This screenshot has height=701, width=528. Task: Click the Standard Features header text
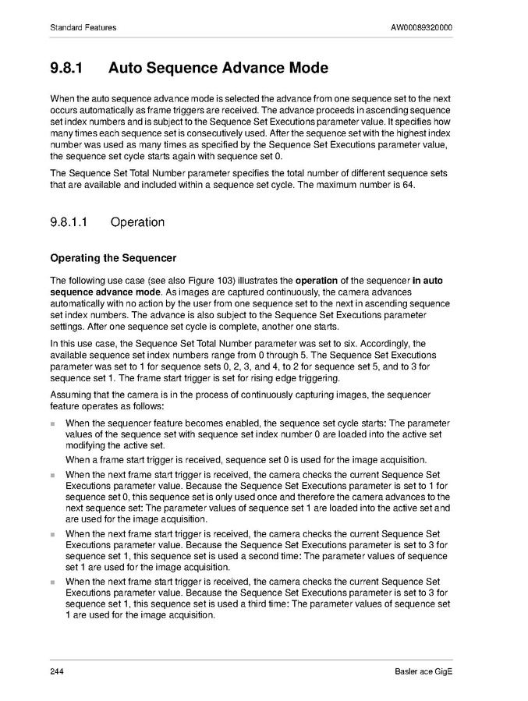pyautogui.click(x=83, y=28)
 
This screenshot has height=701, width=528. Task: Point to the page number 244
pyautogui.click(x=57, y=672)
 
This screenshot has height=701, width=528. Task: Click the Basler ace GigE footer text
pyautogui.click(x=423, y=672)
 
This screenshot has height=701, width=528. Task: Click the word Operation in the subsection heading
pyautogui.click(x=138, y=222)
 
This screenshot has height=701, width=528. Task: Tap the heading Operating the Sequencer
pyautogui.click(x=113, y=258)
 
